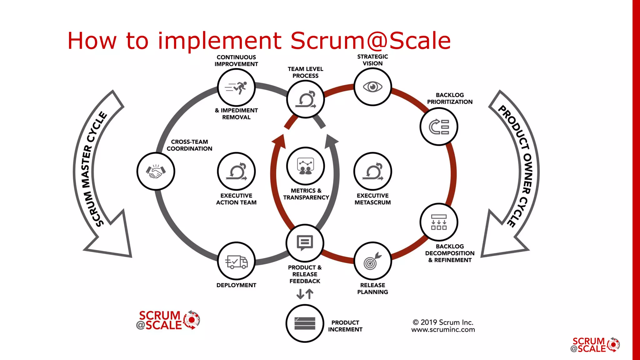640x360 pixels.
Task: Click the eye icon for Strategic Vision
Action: (372, 87)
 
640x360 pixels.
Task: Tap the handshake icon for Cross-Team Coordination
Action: (156, 171)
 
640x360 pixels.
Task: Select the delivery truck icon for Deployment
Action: (237, 261)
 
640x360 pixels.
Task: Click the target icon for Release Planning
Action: (372, 261)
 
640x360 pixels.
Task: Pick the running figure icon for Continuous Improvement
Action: (237, 88)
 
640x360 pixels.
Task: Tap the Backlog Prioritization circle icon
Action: (439, 127)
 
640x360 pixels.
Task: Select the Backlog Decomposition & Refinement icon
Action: (439, 222)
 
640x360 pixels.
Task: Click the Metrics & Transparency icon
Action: (305, 166)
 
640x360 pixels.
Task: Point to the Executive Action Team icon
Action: (237, 171)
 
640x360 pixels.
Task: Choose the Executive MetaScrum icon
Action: (372, 171)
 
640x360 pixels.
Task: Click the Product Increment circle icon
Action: (305, 323)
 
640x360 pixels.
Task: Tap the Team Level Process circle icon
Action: (306, 99)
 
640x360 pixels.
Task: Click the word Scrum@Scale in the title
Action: (370, 41)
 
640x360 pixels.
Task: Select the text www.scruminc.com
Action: (443, 330)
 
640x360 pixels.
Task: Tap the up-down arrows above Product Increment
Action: (305, 294)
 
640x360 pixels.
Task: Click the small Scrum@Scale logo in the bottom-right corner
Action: (595, 345)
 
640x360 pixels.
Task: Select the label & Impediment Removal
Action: (236, 114)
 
